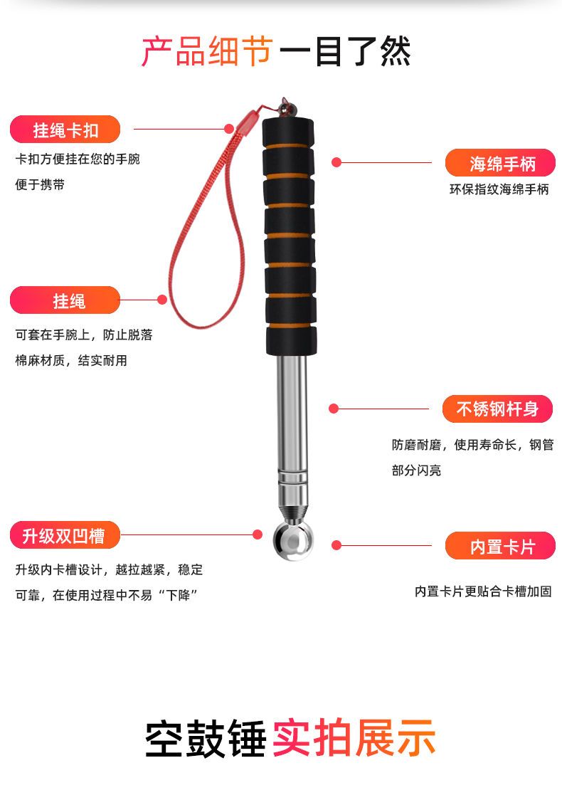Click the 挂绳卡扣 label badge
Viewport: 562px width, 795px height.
tap(65, 130)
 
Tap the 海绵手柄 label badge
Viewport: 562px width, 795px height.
tap(500, 164)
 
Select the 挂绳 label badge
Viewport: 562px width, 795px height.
tap(65, 300)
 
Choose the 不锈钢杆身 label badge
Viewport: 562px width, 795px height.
tap(497, 409)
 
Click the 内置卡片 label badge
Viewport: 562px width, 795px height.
tap(500, 546)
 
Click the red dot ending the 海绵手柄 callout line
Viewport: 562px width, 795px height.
tap(336, 163)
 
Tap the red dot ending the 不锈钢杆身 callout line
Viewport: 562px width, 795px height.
tap(333, 409)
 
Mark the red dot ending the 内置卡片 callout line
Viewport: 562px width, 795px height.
tap(336, 545)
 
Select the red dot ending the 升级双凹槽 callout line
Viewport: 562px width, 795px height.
tap(258, 534)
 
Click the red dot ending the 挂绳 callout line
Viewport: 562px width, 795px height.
tap(162, 300)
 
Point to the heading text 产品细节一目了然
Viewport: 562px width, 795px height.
tap(276, 52)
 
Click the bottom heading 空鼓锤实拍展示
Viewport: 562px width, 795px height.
tap(290, 738)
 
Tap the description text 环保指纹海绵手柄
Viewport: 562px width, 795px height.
tap(499, 189)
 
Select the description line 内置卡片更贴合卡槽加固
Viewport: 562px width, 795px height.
tap(483, 591)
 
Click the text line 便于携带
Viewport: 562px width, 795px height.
tap(40, 184)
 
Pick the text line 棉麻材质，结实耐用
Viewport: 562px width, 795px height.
tap(71, 360)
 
